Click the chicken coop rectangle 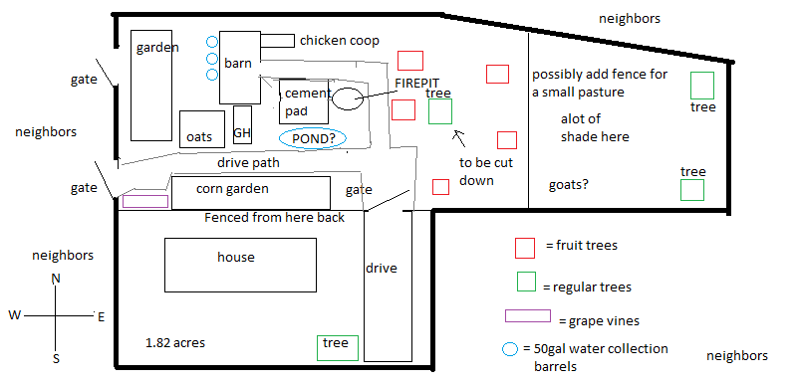tap(278, 41)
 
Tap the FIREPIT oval tap(348, 98)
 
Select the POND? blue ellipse tap(312, 139)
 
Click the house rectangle tap(236, 258)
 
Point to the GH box tap(242, 133)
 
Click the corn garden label tap(232, 188)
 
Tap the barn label tap(238, 64)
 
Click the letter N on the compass tap(56, 279)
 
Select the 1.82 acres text tap(175, 343)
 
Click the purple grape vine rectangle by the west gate tap(145, 201)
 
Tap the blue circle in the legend tap(510, 349)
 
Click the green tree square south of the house tap(336, 346)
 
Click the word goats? tap(569, 185)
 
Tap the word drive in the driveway tap(382, 268)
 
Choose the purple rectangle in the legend tap(528, 317)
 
